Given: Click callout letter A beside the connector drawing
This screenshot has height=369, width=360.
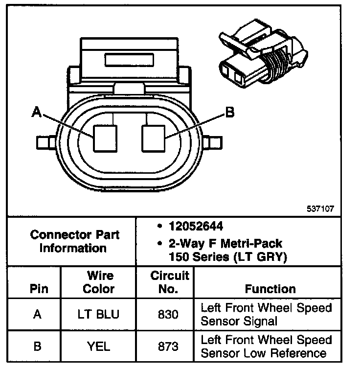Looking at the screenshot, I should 36,112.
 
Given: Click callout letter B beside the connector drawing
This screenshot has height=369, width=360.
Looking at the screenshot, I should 229,113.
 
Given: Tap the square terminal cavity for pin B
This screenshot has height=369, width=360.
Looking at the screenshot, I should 154,138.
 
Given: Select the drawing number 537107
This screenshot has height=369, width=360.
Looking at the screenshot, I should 320,208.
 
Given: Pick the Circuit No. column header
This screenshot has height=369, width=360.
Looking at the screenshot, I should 164,282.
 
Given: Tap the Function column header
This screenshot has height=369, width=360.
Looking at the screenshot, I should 270,289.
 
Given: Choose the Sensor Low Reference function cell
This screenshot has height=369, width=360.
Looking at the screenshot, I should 266,346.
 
